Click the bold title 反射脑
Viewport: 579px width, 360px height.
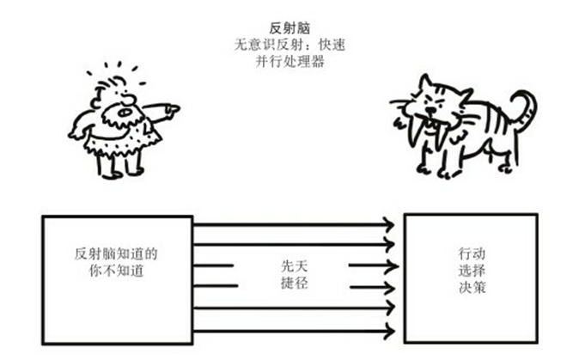pos(289,28)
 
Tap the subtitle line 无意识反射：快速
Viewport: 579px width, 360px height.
pos(289,44)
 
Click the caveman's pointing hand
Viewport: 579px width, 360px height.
pos(171,110)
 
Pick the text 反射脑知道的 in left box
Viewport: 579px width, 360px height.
pos(117,254)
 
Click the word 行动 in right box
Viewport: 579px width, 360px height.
pos(472,255)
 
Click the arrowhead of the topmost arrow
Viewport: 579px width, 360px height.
pos(389,225)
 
